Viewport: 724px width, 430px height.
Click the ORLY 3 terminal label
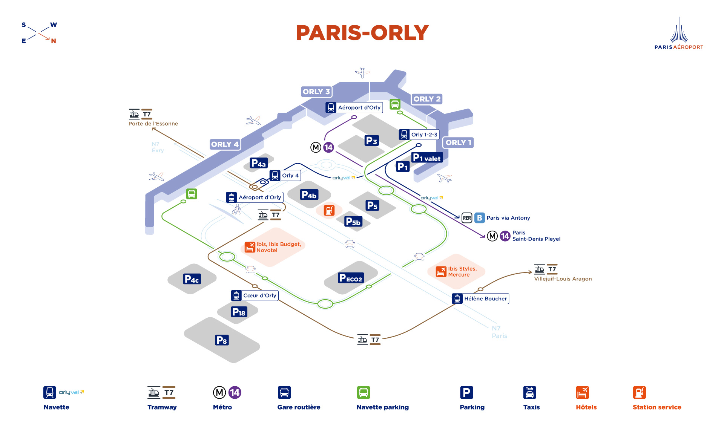(316, 92)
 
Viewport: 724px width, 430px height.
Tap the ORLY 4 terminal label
(225, 144)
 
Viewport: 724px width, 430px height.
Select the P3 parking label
(372, 141)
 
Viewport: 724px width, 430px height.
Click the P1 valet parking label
(427, 158)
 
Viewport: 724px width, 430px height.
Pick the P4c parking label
(192, 279)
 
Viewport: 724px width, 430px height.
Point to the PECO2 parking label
(351, 278)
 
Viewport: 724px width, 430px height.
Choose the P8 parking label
(222, 340)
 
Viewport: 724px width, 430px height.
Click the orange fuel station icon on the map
(329, 210)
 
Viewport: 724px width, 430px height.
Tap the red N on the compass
(54, 41)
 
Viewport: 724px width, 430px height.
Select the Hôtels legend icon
(583, 393)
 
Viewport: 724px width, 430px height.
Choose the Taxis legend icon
(530, 393)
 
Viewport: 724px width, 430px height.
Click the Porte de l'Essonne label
(153, 124)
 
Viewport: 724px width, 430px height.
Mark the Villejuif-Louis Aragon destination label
(563, 279)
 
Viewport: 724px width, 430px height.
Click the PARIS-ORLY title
(362, 33)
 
